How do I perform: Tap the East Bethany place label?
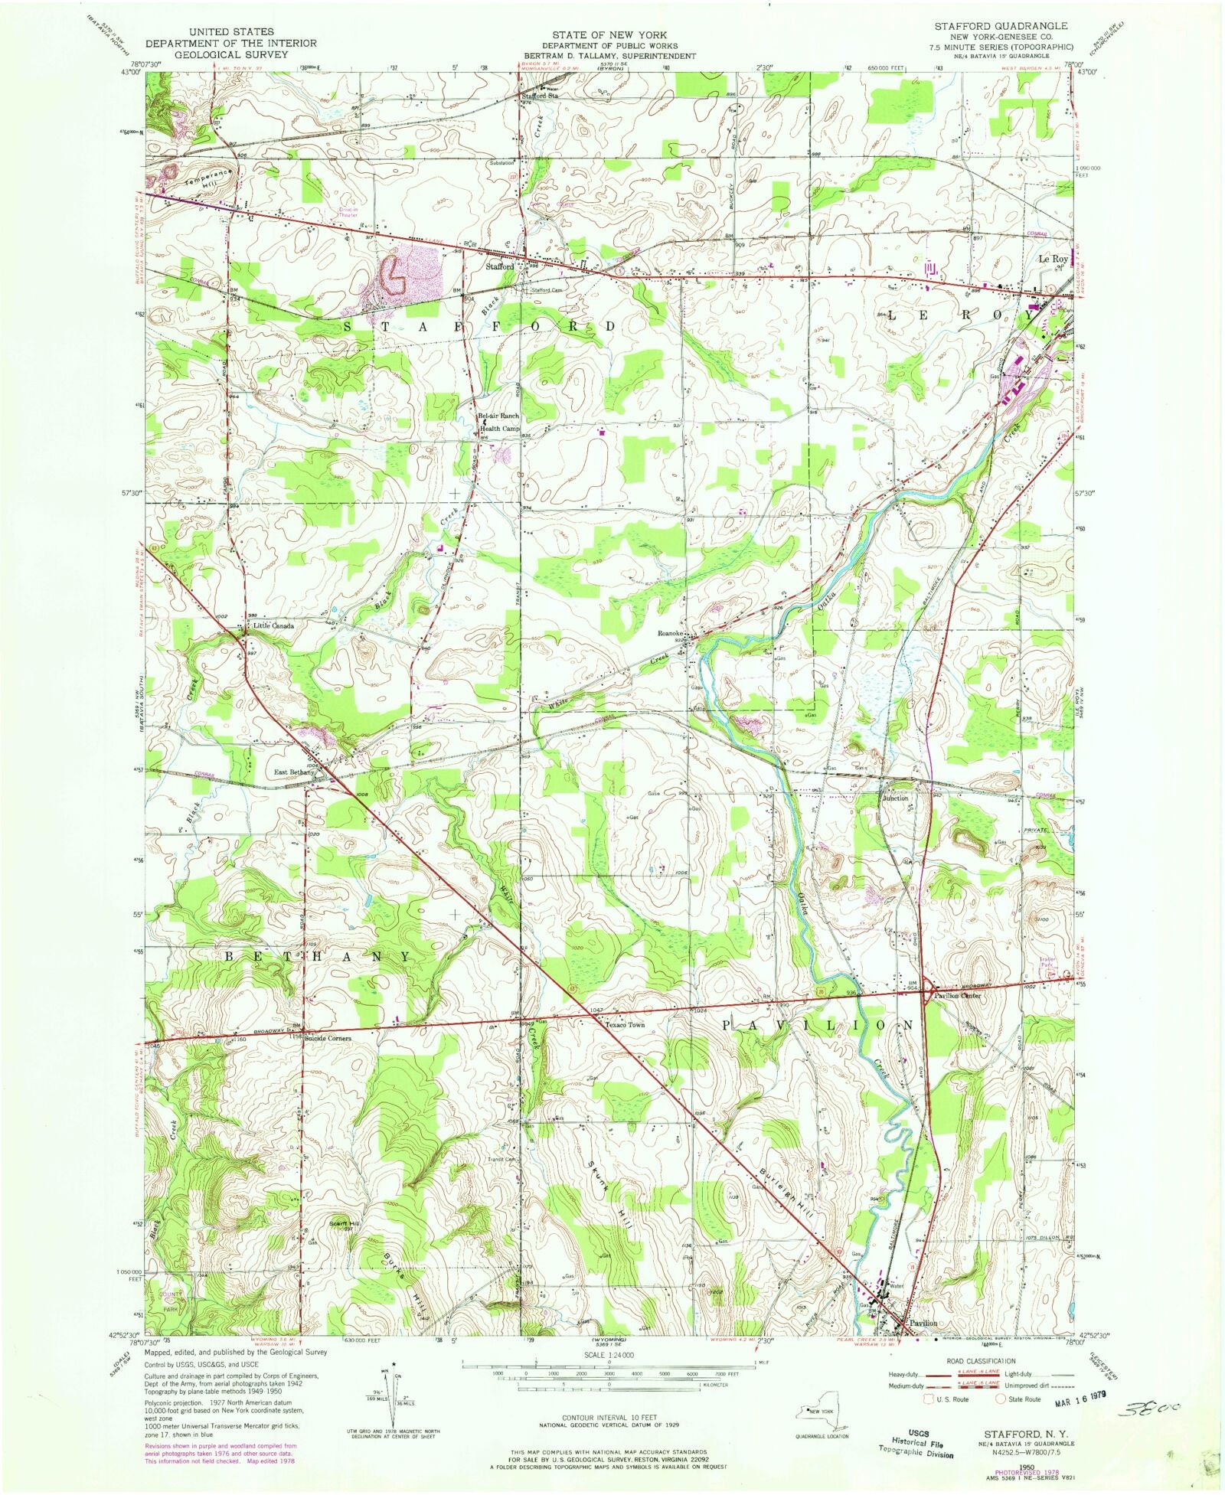294,773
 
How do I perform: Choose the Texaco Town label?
625,1024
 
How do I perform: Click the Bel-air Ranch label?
498,416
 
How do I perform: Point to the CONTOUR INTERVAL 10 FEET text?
609,1418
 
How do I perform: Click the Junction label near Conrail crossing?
895,798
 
